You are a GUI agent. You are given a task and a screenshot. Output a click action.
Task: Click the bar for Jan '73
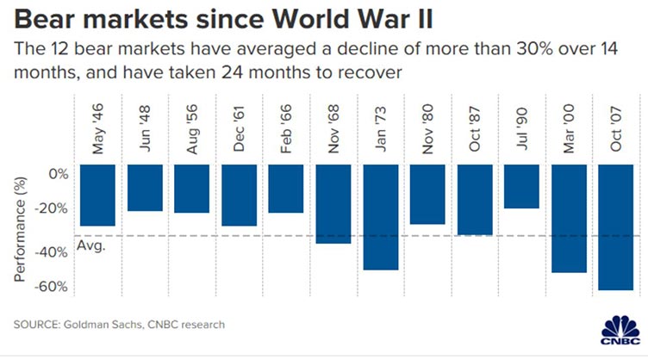380,216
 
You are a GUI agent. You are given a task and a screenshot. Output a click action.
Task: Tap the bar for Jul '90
522,186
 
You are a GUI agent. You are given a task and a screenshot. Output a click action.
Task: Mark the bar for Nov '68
333,203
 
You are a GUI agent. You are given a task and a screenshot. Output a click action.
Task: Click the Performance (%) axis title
19,227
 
